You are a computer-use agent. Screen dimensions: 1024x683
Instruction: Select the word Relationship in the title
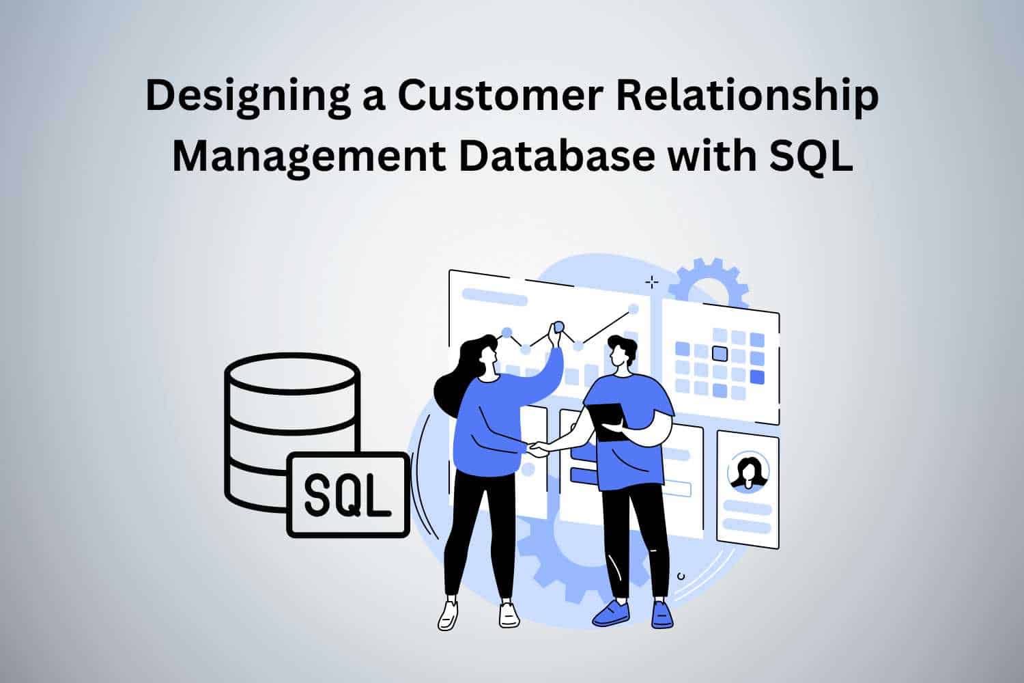tap(748, 97)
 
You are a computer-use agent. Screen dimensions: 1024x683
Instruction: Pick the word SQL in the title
tap(811, 156)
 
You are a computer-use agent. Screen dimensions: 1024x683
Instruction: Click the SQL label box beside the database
tap(348, 495)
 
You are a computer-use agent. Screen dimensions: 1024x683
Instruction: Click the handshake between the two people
tap(539, 448)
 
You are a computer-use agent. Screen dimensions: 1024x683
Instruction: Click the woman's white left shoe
tap(448, 615)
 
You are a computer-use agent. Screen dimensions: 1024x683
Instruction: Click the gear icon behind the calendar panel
tap(709, 283)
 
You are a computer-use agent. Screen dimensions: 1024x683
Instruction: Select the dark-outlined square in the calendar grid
tap(720, 354)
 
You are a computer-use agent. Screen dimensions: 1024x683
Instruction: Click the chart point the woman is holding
tap(558, 326)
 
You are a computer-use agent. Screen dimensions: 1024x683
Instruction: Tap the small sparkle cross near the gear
tap(652, 283)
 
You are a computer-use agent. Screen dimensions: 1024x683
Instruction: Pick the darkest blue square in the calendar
tap(757, 378)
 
